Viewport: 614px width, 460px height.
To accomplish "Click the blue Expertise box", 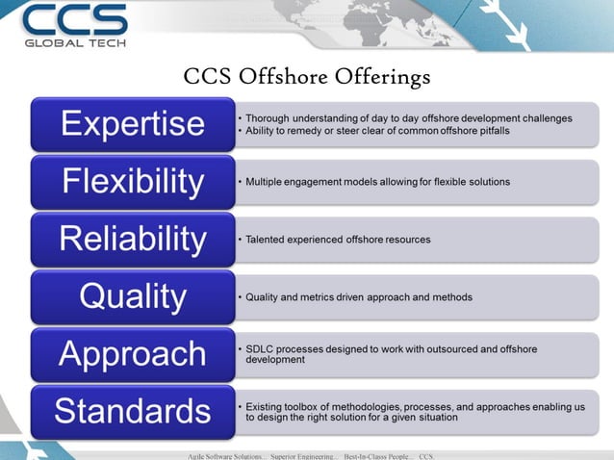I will click(133, 124).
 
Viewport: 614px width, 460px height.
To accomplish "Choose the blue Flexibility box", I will click(133, 181).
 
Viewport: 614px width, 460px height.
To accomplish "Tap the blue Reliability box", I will click(133, 239).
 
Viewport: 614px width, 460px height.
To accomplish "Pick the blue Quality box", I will click(133, 296).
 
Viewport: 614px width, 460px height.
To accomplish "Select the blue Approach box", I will click(133, 353).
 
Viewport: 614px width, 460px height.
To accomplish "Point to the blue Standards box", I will click(133, 411).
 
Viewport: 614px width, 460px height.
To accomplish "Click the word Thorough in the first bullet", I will click(271, 118).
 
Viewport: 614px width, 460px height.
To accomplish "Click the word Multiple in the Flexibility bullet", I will click(267, 181).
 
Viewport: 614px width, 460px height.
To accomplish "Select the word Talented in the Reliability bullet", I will click(268, 239).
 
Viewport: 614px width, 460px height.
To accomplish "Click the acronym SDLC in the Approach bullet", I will click(260, 348).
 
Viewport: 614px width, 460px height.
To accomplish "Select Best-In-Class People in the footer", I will click(378, 453).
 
